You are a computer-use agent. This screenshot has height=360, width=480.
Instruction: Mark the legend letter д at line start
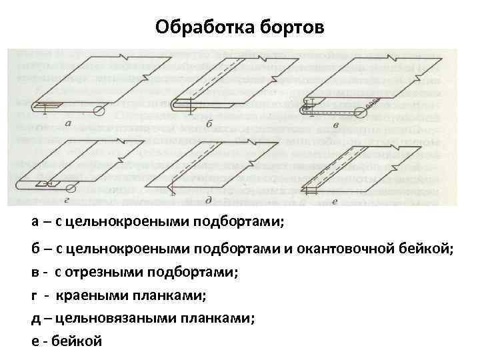(35, 317)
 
